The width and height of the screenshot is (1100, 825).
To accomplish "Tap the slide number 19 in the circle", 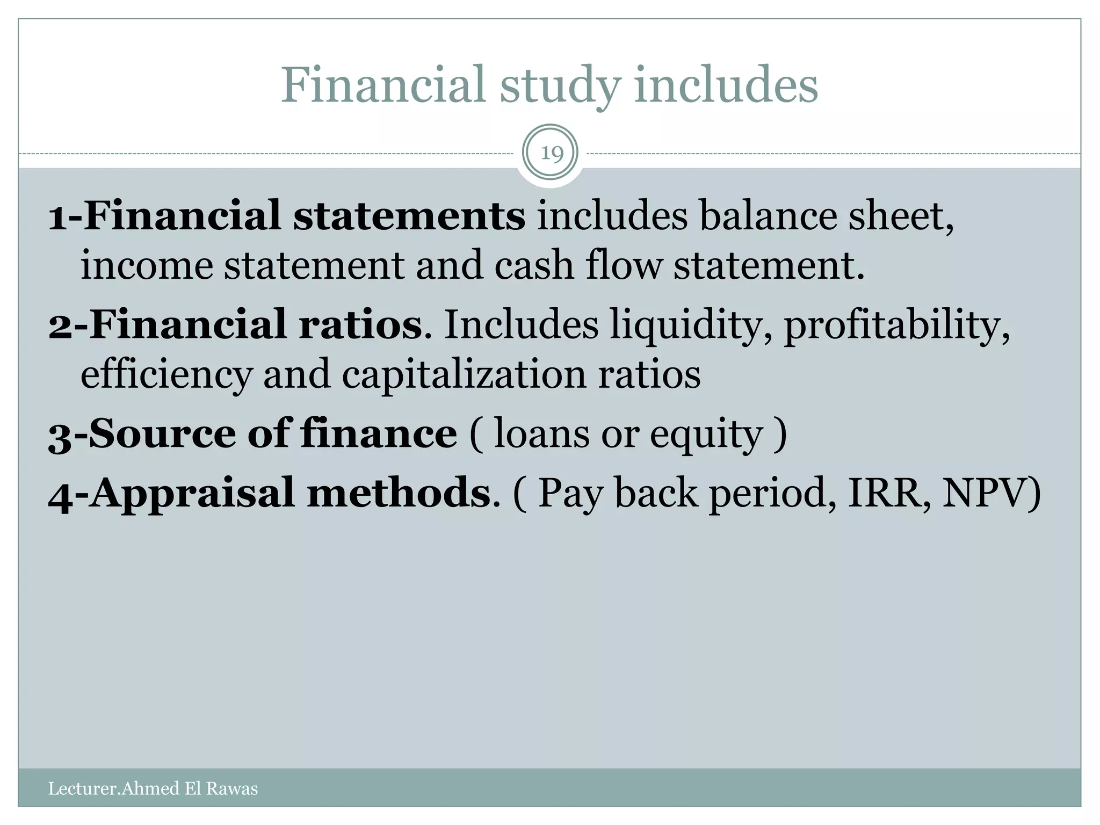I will pos(550,154).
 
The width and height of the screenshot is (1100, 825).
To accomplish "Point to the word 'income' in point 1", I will pos(146,265).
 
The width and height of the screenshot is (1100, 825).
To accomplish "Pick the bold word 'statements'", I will pos(409,216).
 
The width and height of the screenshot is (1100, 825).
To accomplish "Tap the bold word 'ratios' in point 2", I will pos(360,325).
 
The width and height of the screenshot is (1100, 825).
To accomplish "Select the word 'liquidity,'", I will pos(691,327).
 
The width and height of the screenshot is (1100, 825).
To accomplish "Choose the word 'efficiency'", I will pos(166,375).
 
